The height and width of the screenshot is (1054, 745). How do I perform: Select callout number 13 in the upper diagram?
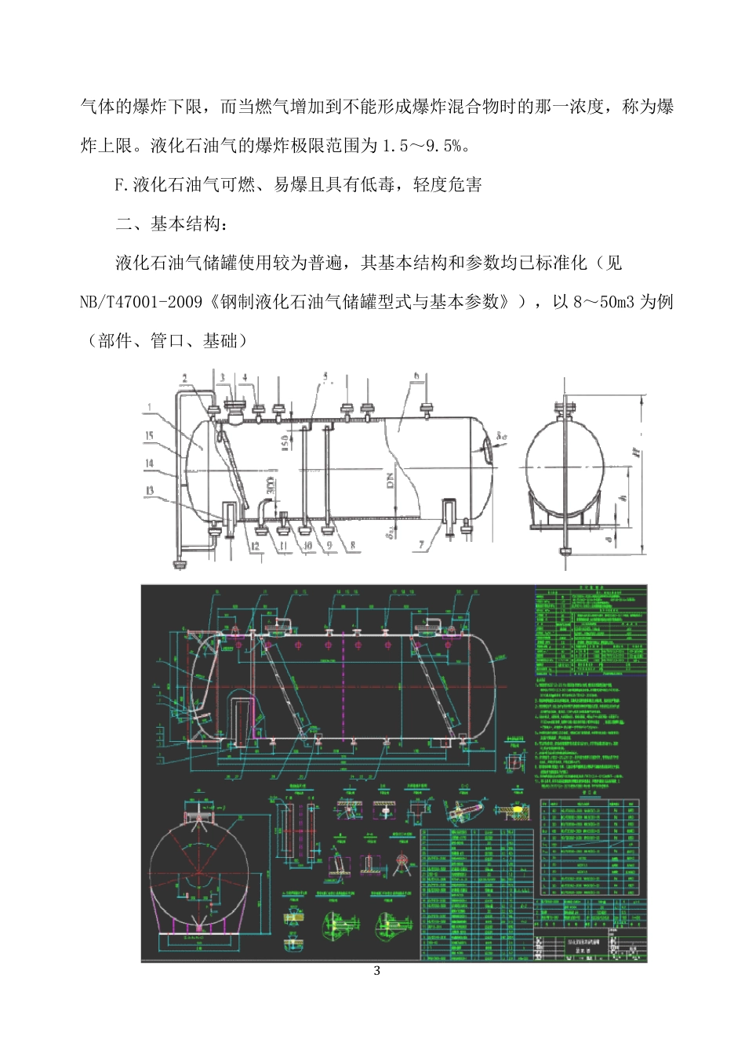(x=150, y=492)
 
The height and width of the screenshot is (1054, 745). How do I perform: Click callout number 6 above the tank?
(x=416, y=376)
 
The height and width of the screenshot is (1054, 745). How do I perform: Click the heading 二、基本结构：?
(x=172, y=224)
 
